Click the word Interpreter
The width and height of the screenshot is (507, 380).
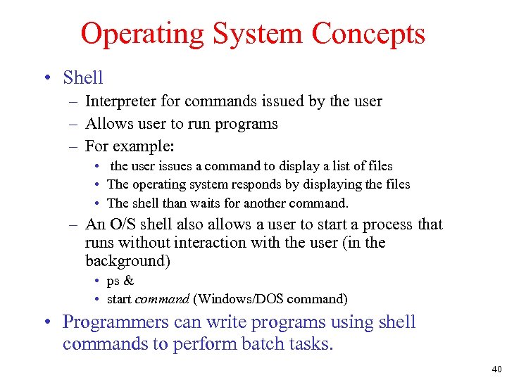coord(118,101)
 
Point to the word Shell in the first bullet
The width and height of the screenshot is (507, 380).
coord(82,77)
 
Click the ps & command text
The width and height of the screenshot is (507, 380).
coord(120,281)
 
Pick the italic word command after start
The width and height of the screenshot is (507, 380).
coord(163,299)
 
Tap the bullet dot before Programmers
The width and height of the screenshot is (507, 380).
coord(46,323)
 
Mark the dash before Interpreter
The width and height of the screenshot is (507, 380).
coord(73,102)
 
